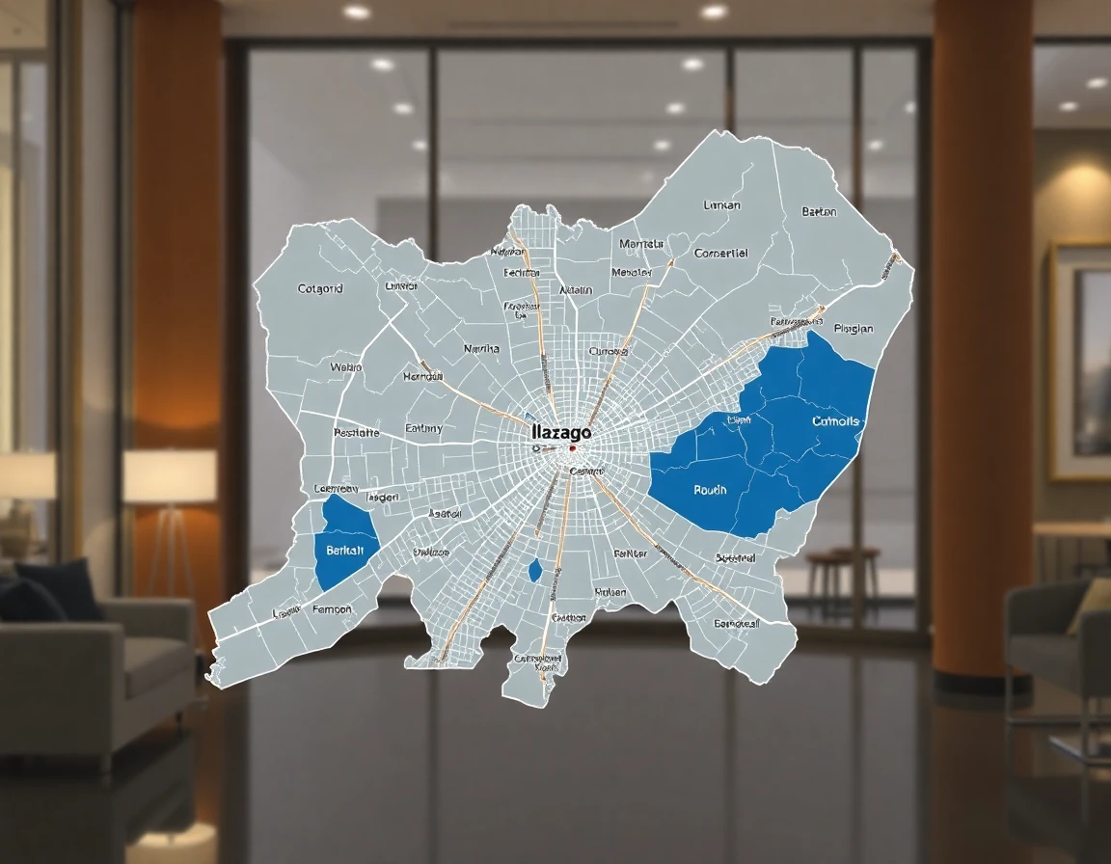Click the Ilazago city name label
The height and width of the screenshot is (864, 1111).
click(560, 434)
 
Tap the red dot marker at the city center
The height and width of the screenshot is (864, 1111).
click(572, 448)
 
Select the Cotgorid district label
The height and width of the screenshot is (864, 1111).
click(320, 287)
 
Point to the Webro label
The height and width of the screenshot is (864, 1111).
click(345, 366)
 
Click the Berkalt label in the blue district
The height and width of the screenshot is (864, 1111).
click(345, 551)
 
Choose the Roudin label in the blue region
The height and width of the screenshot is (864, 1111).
click(710, 490)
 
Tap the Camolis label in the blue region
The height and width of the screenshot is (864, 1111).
click(835, 421)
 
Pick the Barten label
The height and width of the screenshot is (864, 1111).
click(819, 212)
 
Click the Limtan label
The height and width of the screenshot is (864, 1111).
click(722, 205)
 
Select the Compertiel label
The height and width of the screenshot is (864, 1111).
click(721, 254)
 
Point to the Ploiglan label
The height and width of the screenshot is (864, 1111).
click(853, 329)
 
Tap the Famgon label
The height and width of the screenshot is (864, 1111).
click(333, 609)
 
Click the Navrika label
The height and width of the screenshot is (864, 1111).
click(481, 348)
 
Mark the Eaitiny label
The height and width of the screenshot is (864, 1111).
click(423, 427)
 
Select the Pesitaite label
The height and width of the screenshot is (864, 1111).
click(356, 433)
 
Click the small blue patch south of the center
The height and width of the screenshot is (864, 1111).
click(535, 570)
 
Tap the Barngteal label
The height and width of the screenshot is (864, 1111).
click(737, 623)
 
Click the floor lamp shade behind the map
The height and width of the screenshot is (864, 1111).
click(170, 475)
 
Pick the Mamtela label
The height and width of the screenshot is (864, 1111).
click(641, 244)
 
